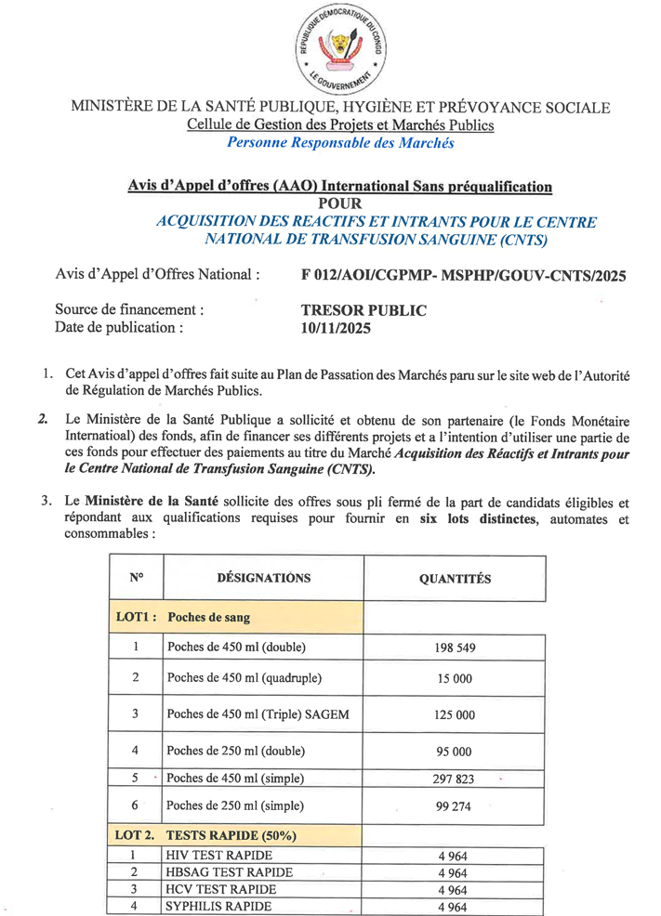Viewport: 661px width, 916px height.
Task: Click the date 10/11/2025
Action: tap(336, 327)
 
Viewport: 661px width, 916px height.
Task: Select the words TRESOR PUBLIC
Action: tap(364, 310)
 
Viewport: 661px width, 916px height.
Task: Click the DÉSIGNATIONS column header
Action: tap(263, 578)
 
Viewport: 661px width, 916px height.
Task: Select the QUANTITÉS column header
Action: tap(455, 579)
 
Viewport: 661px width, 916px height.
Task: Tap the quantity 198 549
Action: tap(455, 648)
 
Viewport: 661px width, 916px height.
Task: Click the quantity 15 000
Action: tap(455, 679)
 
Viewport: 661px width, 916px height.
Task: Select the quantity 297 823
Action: tap(455, 779)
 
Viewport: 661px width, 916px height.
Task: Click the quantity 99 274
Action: tap(455, 806)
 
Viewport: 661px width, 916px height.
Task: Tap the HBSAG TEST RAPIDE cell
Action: tap(229, 872)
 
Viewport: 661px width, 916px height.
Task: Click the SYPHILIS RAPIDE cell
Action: tap(218, 906)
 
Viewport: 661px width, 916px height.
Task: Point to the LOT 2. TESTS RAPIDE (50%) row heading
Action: tap(199, 836)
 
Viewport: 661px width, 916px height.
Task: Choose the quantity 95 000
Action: tap(455, 751)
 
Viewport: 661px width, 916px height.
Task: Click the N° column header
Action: tap(136, 578)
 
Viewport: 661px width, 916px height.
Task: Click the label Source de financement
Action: tap(129, 310)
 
